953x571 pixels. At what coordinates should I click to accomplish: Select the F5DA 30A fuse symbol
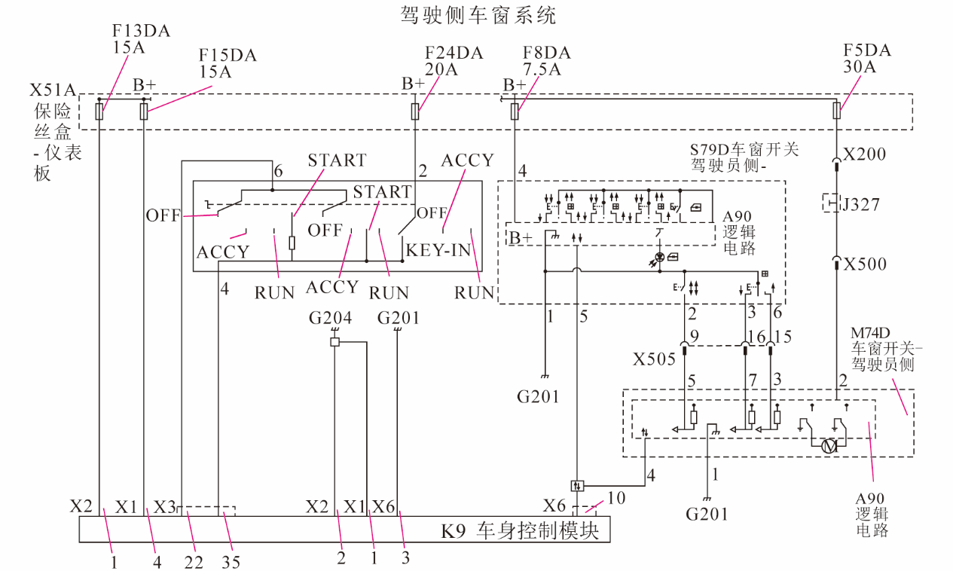(x=836, y=111)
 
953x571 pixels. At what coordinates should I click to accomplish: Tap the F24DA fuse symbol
(x=415, y=111)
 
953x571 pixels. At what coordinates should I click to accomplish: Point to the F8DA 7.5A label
(x=547, y=61)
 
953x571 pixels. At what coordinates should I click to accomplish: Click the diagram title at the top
(x=478, y=15)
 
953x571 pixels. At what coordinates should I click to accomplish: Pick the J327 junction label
(x=860, y=205)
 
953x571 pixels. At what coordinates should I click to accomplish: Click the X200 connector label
(x=865, y=154)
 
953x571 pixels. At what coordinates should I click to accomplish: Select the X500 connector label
(x=866, y=264)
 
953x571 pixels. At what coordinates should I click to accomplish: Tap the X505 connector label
(x=654, y=359)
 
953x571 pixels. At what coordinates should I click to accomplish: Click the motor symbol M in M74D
(x=829, y=447)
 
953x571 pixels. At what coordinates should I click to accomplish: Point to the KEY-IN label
(x=438, y=250)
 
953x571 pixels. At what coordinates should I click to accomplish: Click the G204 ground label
(x=330, y=318)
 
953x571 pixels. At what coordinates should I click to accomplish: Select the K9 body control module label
(x=520, y=530)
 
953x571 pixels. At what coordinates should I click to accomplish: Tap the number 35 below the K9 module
(x=231, y=562)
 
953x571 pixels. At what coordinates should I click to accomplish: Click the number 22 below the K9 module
(x=194, y=562)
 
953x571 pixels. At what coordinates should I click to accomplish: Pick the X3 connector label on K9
(x=164, y=507)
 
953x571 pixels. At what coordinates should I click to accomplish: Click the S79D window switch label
(x=744, y=157)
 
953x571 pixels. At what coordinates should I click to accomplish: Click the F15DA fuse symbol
(x=144, y=111)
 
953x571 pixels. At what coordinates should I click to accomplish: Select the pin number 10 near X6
(x=616, y=498)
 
